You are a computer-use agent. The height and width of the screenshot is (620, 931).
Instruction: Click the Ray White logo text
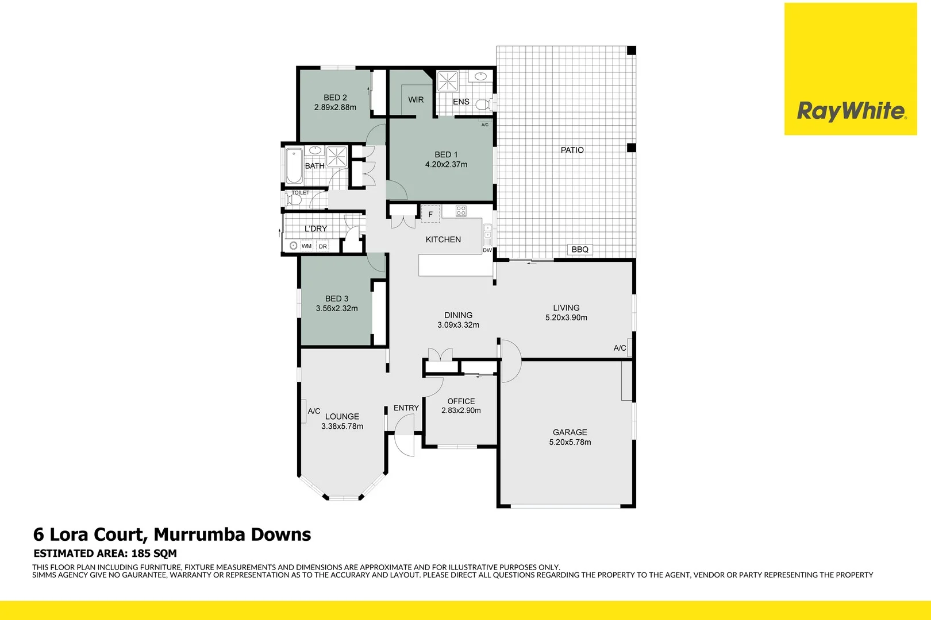point(851,111)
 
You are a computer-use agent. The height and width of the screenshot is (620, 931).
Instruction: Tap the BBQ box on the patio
point(580,249)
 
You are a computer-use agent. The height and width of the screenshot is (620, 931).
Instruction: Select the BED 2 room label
point(335,98)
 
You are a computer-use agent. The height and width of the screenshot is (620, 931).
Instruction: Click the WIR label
point(416,99)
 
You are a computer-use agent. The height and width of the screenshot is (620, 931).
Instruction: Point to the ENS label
point(461,102)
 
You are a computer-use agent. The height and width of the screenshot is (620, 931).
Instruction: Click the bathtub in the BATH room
point(294,165)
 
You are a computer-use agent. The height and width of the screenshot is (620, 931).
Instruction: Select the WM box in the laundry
point(306,246)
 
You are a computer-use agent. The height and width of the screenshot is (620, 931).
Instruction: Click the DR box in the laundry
point(322,246)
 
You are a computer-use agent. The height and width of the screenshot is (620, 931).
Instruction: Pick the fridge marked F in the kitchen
point(430,214)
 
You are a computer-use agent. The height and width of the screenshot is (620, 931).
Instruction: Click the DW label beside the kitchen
point(487,250)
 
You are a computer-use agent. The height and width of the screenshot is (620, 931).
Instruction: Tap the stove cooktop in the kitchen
point(461,211)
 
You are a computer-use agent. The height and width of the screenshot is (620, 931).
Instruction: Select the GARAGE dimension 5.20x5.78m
point(570,442)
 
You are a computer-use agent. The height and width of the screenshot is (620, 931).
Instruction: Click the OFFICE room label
point(461,401)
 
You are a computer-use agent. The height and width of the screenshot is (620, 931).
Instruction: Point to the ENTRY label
point(406,408)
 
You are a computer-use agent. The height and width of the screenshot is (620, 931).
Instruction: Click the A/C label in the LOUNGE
point(314,411)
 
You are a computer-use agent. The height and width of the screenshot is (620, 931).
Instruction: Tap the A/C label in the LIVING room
point(620,348)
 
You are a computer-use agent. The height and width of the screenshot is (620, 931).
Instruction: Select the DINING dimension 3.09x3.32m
point(458,325)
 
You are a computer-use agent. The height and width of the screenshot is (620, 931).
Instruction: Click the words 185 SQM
point(154,553)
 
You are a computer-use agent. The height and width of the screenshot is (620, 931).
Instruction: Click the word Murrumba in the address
point(199,534)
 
